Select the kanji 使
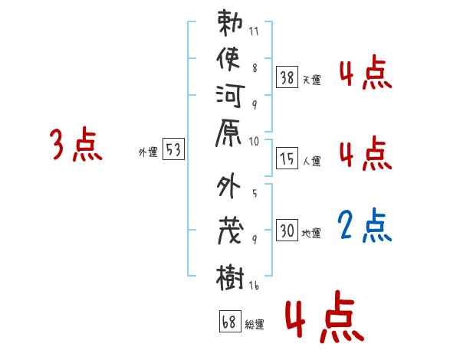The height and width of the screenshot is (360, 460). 229,61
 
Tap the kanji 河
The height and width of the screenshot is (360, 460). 229,97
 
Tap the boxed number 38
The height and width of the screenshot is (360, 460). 287,77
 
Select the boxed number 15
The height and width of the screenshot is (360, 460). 287,158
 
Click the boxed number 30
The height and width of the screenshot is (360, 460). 287,230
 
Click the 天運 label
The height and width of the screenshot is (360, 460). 312,80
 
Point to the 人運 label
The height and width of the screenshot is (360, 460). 312,161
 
